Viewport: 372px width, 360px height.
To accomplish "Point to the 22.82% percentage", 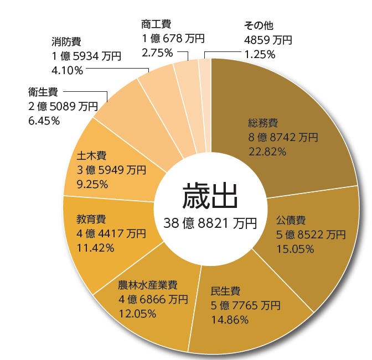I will (x=267, y=150).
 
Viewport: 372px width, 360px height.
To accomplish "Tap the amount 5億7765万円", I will (x=246, y=305).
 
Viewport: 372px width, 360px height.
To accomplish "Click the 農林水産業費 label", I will (x=147, y=286).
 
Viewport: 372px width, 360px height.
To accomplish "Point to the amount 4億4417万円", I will (x=111, y=233).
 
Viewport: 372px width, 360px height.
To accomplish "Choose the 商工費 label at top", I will (x=156, y=24).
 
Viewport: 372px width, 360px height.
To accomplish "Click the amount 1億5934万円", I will (x=87, y=56).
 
